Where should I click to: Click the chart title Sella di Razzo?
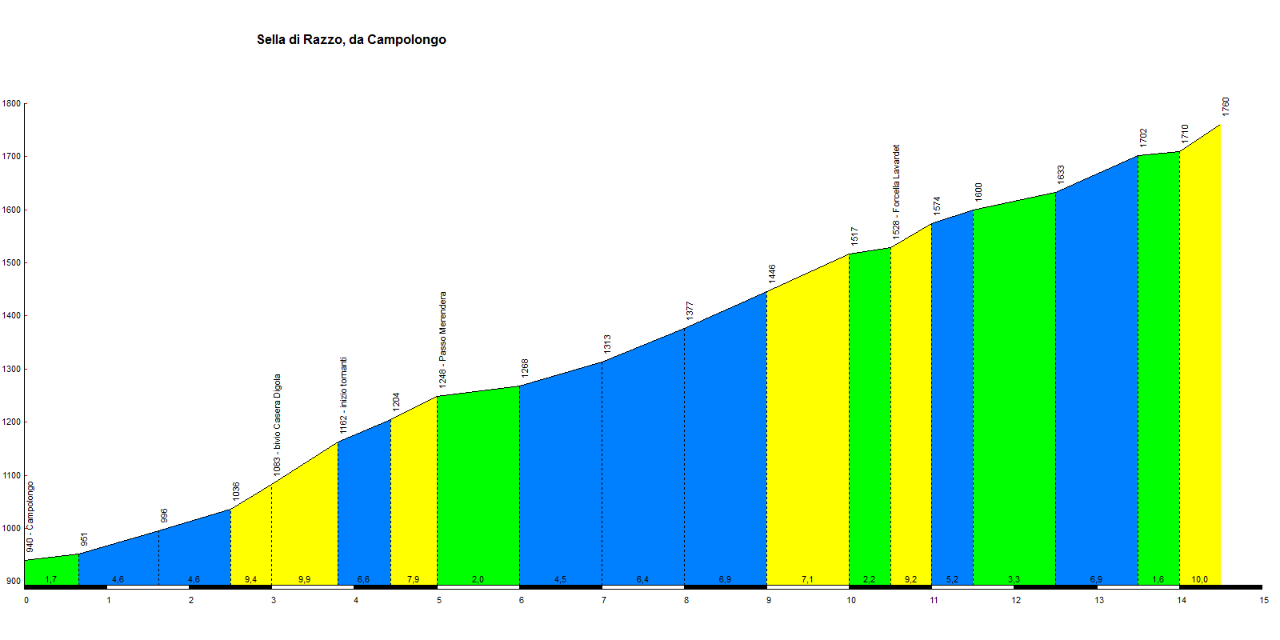click(351, 40)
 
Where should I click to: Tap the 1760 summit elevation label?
click(1226, 106)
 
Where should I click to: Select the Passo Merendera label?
click(442, 340)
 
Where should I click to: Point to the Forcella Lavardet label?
click(896, 190)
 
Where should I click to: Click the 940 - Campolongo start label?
click(30, 516)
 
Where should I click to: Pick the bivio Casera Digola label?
click(278, 425)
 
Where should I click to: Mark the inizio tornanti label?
click(343, 395)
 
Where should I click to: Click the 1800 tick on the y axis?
click(11, 104)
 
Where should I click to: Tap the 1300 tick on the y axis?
click(11, 370)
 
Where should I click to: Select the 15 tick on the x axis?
click(1264, 600)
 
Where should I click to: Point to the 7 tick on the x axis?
click(604, 600)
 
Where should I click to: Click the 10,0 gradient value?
click(1200, 579)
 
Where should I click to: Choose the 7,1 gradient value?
click(807, 579)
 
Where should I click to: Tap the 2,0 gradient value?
click(478, 579)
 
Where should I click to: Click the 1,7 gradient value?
click(50, 579)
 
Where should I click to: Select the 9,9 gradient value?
click(304, 579)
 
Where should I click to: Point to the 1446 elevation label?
click(772, 274)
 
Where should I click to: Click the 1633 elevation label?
click(1061, 174)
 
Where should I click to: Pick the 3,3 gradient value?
click(1014, 579)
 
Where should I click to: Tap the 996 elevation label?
click(164, 516)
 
